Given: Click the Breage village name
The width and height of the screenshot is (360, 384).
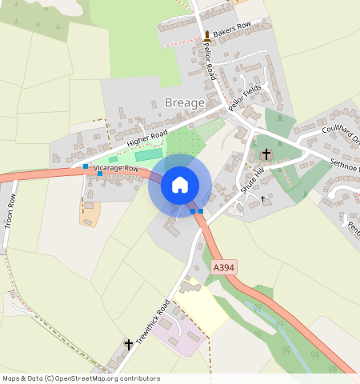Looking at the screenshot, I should (x=184, y=102).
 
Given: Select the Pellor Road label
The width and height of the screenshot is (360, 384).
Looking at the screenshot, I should (x=210, y=62).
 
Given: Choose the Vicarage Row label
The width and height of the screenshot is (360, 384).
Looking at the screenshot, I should (x=117, y=170).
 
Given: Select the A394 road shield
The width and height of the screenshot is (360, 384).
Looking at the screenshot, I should (x=225, y=268).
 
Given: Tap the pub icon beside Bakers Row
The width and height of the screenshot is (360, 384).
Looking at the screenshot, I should (x=207, y=34).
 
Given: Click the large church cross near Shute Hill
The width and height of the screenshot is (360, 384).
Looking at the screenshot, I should (x=266, y=153).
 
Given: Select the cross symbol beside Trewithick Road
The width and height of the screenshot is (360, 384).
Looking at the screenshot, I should (x=128, y=344).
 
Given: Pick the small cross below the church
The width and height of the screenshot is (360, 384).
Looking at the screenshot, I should (x=262, y=197).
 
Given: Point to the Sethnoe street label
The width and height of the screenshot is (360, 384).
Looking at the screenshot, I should (x=345, y=166).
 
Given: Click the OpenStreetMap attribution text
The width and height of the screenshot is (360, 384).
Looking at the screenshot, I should (x=80, y=378).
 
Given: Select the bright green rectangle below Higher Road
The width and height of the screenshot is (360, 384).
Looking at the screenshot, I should (x=148, y=154).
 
